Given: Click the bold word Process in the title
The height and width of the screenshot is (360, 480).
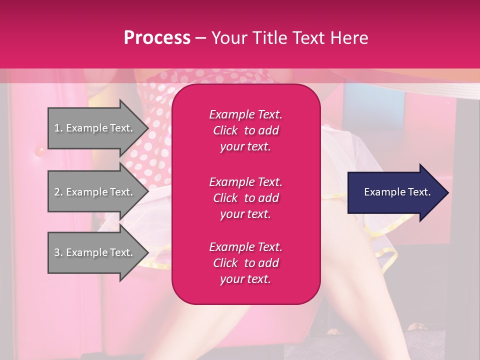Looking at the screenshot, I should pyautogui.click(x=157, y=38).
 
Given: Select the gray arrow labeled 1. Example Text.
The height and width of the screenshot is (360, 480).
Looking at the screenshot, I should pyautogui.click(x=95, y=128).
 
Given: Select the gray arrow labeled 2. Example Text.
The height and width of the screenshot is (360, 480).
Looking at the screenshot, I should pyautogui.click(x=95, y=192).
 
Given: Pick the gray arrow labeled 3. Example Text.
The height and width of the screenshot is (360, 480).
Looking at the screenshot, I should pyautogui.click(x=95, y=253).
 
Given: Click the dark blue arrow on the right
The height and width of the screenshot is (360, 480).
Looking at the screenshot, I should pyautogui.click(x=395, y=192).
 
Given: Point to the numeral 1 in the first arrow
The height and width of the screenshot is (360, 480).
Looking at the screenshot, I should pyautogui.click(x=57, y=128).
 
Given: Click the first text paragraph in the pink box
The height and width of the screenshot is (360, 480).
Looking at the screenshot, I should pyautogui.click(x=245, y=130).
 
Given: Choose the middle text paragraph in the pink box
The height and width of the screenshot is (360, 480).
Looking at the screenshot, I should pyautogui.click(x=245, y=198).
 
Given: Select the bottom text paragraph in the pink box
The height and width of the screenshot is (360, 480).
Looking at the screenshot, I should pyautogui.click(x=245, y=263).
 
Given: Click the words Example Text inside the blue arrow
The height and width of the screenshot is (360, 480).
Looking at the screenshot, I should pyautogui.click(x=397, y=192).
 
